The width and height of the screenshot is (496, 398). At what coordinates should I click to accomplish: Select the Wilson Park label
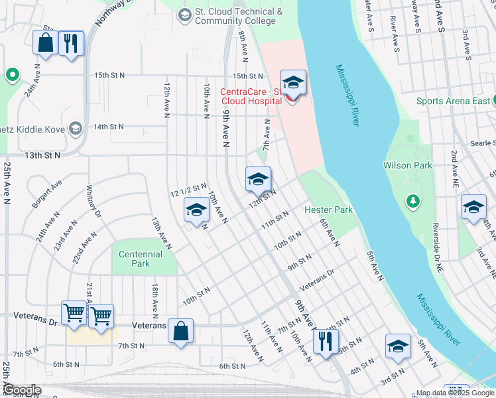point(407,165)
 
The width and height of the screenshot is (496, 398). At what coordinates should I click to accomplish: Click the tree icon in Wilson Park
point(413,200)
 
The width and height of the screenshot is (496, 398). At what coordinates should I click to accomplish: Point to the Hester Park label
point(328,210)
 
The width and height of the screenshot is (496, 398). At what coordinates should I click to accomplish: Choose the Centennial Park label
point(141,259)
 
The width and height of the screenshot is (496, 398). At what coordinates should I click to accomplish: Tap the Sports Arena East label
point(453,101)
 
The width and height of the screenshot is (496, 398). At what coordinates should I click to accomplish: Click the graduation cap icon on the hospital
point(293,83)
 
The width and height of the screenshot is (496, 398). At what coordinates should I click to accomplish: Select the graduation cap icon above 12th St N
point(258,178)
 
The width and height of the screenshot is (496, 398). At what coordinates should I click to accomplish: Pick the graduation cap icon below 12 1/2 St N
point(196,210)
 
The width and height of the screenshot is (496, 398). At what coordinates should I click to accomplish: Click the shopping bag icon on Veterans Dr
point(180,330)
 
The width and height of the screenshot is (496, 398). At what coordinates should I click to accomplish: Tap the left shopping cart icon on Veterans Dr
point(74,312)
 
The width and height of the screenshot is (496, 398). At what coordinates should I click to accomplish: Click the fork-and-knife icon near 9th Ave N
point(324,341)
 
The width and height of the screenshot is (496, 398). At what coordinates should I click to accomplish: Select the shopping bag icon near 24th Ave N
point(45,43)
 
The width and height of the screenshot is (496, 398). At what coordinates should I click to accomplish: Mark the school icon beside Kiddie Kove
point(76,127)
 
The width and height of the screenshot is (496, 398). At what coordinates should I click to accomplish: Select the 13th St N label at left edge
point(42,155)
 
